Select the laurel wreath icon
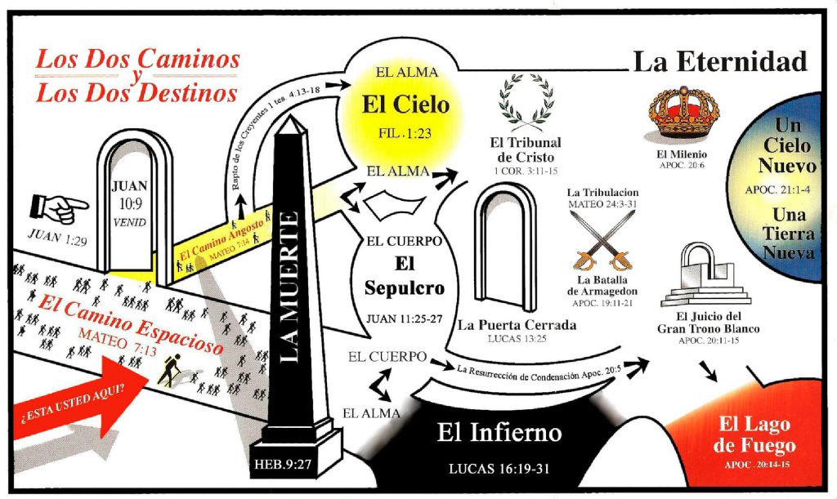tap(524, 102)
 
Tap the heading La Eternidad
tap(720, 61)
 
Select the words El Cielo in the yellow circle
tap(406, 104)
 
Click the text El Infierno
tap(499, 432)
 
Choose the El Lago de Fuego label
tap(756, 436)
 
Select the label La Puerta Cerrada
tap(517, 324)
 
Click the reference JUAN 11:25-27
tap(406, 318)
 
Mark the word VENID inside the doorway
tap(130, 223)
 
